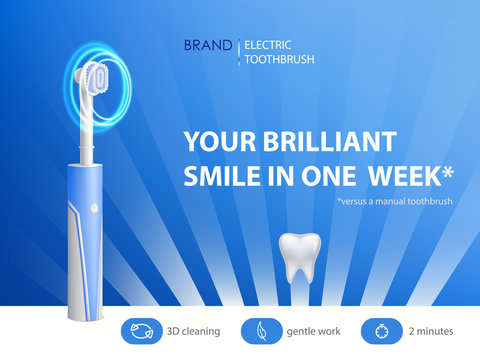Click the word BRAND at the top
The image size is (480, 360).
tap(207, 45)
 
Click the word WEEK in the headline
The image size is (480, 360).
tap(403, 177)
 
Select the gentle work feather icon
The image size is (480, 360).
tap(259, 331)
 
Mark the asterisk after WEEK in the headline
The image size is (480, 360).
tap(447, 172)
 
